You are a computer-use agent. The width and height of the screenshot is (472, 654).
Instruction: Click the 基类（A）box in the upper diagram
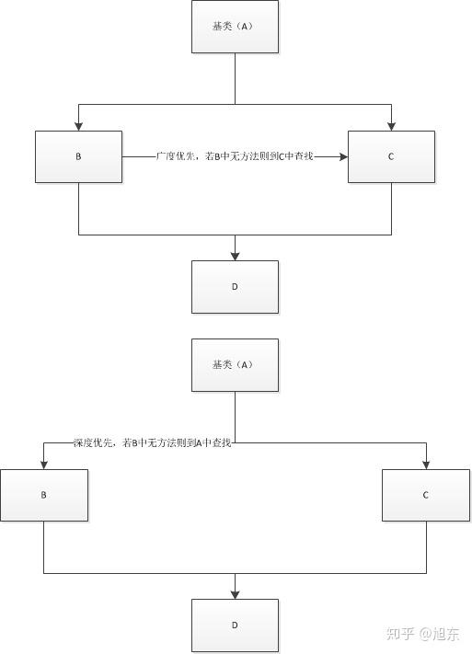tap(235, 27)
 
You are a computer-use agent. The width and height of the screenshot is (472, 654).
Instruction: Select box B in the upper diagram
tap(78, 156)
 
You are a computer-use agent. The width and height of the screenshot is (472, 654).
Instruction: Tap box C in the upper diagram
tap(391, 156)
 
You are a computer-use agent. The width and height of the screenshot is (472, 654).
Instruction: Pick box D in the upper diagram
tap(235, 287)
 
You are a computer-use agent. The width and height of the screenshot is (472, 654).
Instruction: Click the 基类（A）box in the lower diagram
tap(235, 365)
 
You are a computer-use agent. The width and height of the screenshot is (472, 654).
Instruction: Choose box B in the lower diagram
tap(44, 496)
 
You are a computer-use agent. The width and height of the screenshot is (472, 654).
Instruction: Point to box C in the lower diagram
tap(426, 496)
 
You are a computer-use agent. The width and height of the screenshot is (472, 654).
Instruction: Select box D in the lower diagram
tap(235, 625)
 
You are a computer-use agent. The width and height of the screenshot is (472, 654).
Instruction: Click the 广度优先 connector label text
tap(235, 156)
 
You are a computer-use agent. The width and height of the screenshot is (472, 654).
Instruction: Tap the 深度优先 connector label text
tap(153, 442)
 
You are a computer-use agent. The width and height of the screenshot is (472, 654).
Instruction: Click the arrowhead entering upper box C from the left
tap(344, 156)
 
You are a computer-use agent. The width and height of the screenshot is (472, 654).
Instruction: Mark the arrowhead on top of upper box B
tap(78, 127)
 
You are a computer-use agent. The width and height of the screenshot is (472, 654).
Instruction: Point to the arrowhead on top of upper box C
tap(391, 127)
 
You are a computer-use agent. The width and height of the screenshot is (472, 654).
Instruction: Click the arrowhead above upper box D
tap(235, 257)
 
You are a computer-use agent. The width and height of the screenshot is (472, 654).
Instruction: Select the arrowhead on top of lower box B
tap(44, 465)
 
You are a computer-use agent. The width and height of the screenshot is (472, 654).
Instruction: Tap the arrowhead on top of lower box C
tap(426, 465)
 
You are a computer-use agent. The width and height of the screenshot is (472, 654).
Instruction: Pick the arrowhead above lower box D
tap(235, 595)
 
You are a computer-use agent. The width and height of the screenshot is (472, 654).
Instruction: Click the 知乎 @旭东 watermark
tap(422, 634)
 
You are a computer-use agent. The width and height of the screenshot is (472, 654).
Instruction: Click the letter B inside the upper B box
tap(78, 156)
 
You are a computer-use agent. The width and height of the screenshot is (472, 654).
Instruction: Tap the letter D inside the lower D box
tap(235, 625)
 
